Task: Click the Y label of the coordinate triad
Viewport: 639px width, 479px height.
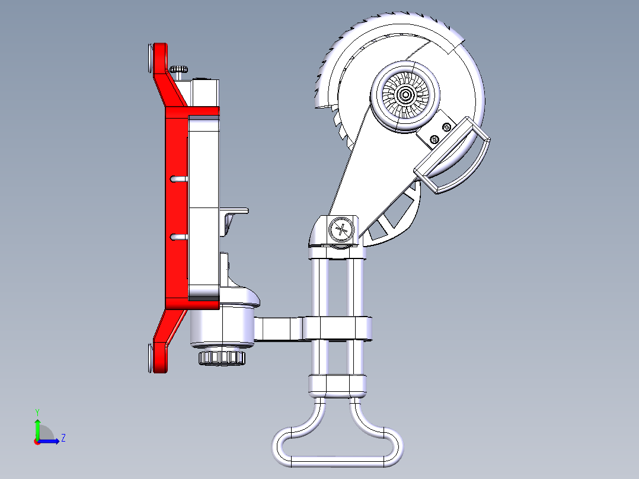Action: pos(37,411)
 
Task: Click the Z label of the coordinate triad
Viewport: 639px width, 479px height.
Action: pos(63,438)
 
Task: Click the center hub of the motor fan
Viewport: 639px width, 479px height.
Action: pos(406,94)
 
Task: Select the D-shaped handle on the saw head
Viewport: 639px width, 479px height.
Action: pos(453,155)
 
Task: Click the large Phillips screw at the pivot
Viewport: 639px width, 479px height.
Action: pos(342,229)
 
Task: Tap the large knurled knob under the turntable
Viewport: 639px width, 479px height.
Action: pos(221,357)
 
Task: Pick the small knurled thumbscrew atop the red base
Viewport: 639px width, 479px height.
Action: pos(180,70)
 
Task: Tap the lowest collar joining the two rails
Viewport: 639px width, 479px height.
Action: pos(338,385)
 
